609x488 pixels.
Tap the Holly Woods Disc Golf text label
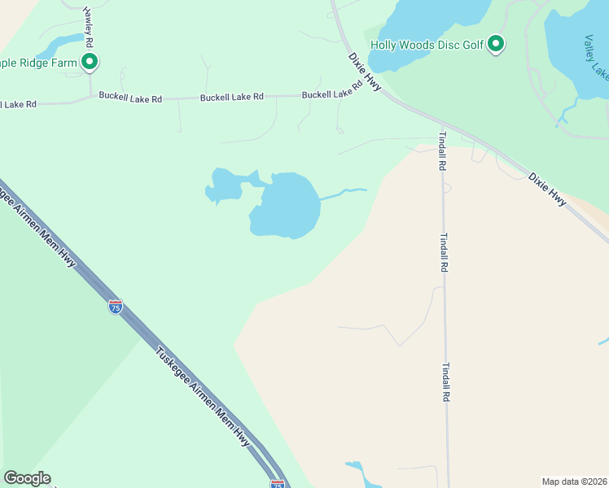(427, 46)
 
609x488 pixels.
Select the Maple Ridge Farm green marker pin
(90, 62)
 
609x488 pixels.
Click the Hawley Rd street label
(88, 28)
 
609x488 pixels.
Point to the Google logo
(27, 478)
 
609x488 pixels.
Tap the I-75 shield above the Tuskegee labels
(116, 307)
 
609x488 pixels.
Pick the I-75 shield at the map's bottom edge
(277, 484)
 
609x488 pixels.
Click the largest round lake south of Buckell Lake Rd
(286, 205)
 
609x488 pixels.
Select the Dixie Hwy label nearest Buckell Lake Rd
(364, 72)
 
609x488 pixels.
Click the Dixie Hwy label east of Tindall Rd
(547, 189)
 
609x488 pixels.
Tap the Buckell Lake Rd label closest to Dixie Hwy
(331, 94)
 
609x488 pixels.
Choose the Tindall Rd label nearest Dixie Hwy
(442, 150)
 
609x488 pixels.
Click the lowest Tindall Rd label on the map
(445, 382)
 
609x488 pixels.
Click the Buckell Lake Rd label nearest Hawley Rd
(130, 98)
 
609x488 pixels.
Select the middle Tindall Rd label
(444, 253)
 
